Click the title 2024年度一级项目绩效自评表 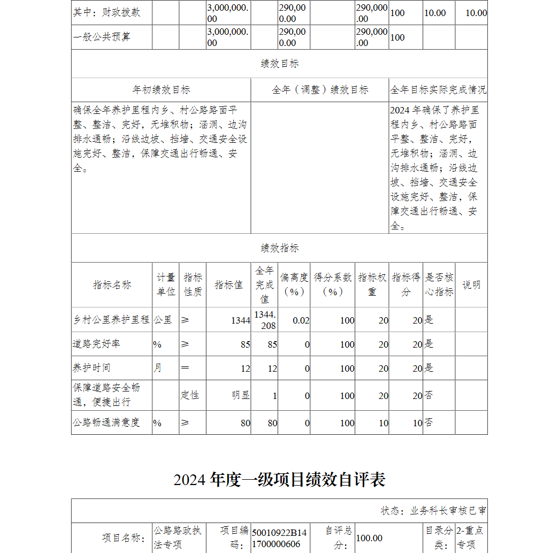[x=279, y=480]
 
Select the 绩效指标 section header [x=279, y=248]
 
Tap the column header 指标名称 [x=112, y=285]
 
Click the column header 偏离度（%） [x=294, y=285]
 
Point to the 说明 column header [x=471, y=285]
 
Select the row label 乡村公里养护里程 [x=111, y=320]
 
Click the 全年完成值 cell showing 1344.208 [x=265, y=320]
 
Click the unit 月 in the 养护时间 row [x=158, y=368]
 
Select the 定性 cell [x=190, y=395]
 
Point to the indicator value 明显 [x=241, y=395]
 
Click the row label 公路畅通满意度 [x=106, y=423]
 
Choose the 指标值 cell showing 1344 [x=240, y=320]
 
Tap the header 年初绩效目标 [x=161, y=90]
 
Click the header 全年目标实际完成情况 [x=438, y=90]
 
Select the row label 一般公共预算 [x=102, y=37]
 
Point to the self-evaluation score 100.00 [x=369, y=538]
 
